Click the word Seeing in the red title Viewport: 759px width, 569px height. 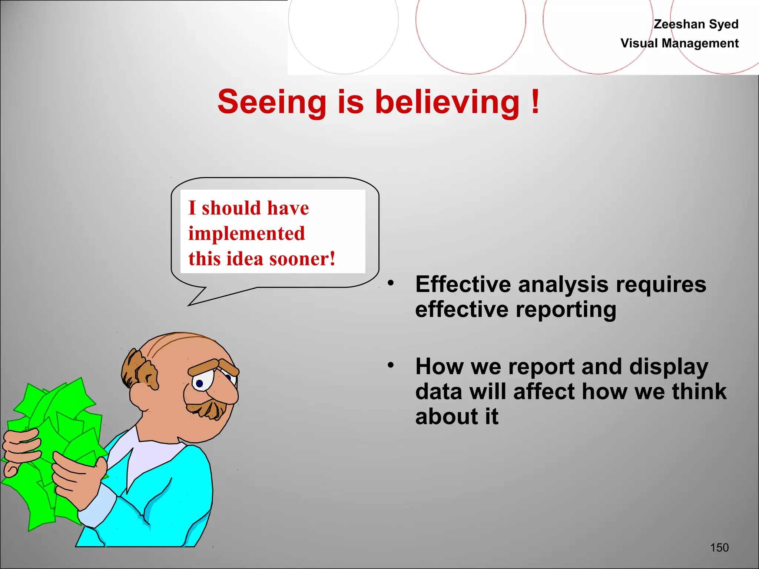tap(272, 102)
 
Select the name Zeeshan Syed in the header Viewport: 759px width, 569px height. tap(696, 24)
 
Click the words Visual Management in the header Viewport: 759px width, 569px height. tap(679, 43)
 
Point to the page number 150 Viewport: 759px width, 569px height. tap(719, 548)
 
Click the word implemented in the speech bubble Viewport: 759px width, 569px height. tap(246, 233)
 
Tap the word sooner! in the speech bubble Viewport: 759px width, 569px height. tap(302, 259)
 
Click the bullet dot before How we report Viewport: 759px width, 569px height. tap(391, 365)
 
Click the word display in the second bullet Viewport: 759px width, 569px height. tap(669, 366)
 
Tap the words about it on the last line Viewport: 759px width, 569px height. tap(457, 416)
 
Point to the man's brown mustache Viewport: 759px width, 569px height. tap(208, 407)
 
